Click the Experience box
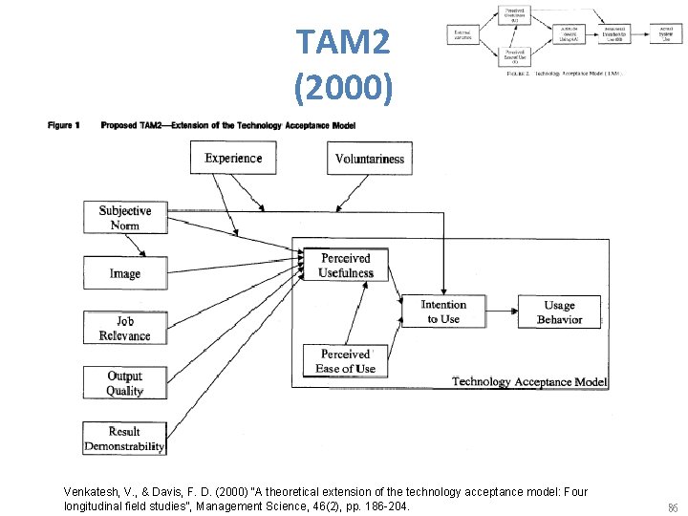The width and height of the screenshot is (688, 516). (233, 159)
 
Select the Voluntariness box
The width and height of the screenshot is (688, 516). (370, 159)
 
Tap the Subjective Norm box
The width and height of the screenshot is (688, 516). (124, 218)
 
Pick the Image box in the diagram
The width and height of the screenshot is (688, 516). (124, 273)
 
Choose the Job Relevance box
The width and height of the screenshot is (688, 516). (124, 329)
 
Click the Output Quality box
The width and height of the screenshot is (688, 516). (124, 383)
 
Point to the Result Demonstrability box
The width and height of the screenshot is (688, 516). (124, 439)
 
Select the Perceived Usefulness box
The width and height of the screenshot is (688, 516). (346, 266)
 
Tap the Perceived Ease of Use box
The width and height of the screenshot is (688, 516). (346, 361)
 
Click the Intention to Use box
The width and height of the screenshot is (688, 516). (443, 312)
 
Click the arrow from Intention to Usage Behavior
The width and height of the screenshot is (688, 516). (503, 307)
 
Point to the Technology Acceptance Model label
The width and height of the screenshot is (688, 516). (528, 381)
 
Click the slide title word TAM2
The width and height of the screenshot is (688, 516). (343, 42)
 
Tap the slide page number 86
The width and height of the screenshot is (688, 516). (673, 507)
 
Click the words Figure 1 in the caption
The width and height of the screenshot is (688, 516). (64, 125)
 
